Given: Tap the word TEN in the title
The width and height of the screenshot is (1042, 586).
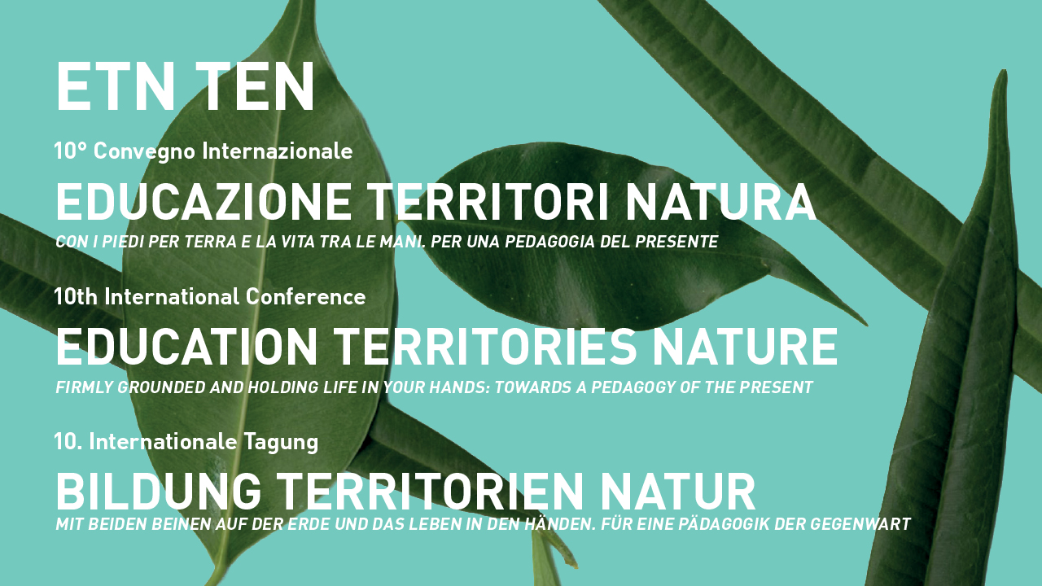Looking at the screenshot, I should coord(256,86).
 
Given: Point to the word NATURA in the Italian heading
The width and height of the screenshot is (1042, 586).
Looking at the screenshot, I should coord(721,203).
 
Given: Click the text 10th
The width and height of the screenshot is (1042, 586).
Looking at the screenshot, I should coord(76,297).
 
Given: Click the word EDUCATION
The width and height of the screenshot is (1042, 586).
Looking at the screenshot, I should coord(187,348).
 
